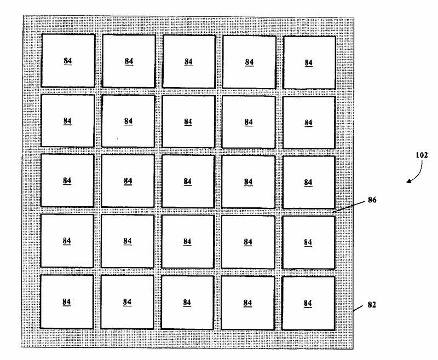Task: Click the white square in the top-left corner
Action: click(68, 61)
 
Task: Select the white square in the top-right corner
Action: click(309, 62)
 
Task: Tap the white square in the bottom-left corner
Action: click(67, 301)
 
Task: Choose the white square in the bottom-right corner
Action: click(308, 303)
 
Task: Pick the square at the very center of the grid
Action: click(188, 182)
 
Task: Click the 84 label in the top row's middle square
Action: click(188, 61)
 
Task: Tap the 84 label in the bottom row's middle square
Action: click(187, 301)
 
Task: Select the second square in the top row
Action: click(129, 61)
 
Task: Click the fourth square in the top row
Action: click(249, 62)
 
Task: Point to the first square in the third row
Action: click(67, 181)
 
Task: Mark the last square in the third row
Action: click(308, 182)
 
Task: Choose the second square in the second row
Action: click(128, 121)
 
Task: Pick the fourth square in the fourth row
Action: click(248, 242)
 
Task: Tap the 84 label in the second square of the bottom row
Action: click(127, 301)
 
